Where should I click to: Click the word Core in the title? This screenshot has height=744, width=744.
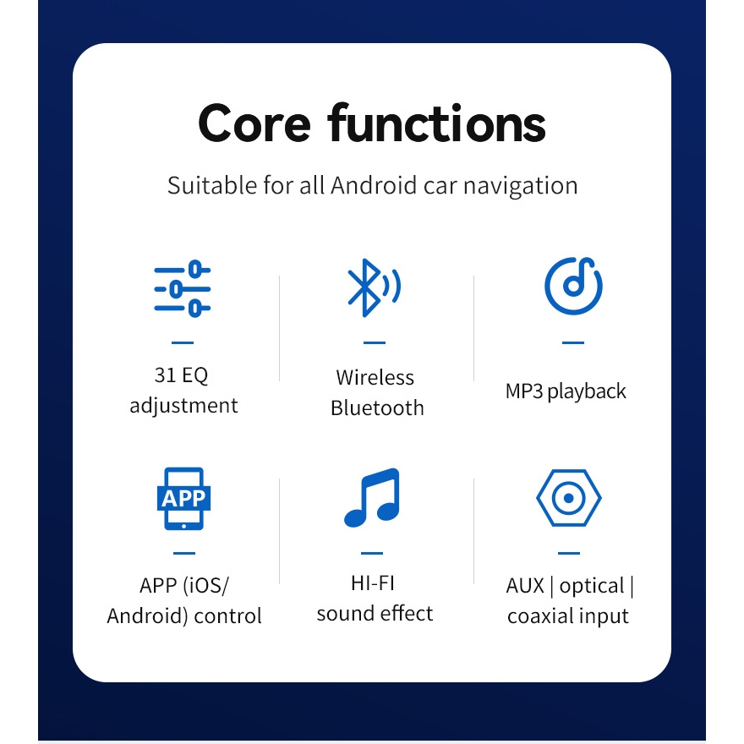254,123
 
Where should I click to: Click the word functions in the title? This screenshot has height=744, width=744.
436,123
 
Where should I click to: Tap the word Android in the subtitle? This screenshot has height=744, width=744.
374,185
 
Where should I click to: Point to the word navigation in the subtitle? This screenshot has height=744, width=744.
521,186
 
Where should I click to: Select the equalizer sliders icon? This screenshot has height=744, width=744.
183,288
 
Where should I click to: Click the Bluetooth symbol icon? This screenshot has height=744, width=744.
374,287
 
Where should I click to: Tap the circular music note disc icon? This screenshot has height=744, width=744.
573,286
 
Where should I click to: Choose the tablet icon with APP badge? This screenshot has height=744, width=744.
183,498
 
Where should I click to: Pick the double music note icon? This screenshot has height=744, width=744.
372,497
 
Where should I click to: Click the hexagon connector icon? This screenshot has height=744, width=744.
569,498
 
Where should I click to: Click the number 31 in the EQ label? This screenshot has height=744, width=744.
165,375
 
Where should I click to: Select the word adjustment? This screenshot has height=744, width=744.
183,406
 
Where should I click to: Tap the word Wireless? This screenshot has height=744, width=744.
375,378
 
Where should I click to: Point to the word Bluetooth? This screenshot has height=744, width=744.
377,408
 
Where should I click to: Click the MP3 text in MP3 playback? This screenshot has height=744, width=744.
524,391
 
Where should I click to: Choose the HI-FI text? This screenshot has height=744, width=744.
373,583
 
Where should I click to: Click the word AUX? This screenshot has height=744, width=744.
525,586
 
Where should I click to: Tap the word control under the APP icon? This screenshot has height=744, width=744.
227,616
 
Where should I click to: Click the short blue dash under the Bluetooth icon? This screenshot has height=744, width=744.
375,342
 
